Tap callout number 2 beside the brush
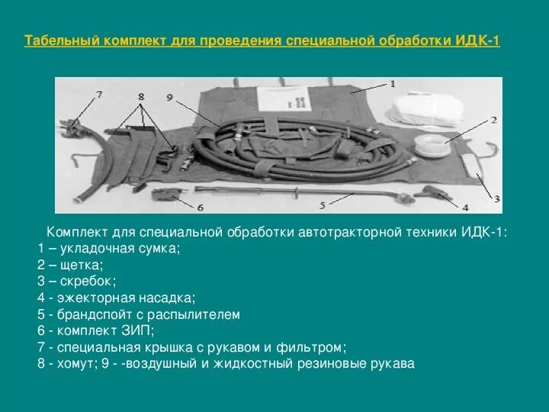pyautogui.click(x=493, y=121)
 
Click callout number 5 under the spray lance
pyautogui.click(x=323, y=204)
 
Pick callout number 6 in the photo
pyautogui.click(x=200, y=206)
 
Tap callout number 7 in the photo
pyautogui.click(x=98, y=95)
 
